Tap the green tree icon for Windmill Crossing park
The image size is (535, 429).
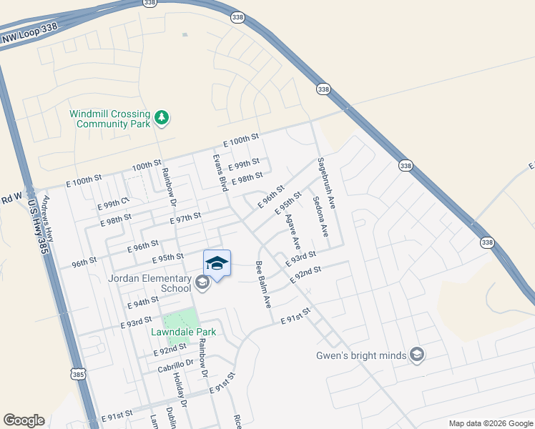(x=162, y=118)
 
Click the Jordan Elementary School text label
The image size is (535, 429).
(x=150, y=283)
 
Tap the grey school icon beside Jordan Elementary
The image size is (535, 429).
(x=202, y=284)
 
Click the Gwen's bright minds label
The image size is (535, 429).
(x=360, y=355)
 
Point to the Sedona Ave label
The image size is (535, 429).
(x=319, y=216)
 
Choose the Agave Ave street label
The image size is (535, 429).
(x=293, y=234)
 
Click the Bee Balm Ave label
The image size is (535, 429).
(x=262, y=284)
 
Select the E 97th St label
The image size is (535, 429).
(x=185, y=215)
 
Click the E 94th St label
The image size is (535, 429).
(x=142, y=303)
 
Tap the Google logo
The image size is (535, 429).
(x=24, y=420)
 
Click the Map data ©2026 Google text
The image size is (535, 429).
(x=490, y=423)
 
